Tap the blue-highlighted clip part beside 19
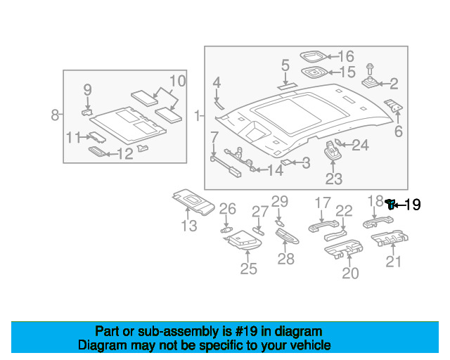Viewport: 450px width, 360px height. [x=390, y=205]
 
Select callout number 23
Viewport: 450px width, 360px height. [x=333, y=179]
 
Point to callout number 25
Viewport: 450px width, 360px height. [x=249, y=269]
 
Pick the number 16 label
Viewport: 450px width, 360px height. [x=346, y=56]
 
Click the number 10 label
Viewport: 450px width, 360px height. [x=177, y=81]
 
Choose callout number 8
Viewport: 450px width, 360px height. [x=55, y=115]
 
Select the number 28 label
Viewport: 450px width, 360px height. [x=285, y=259]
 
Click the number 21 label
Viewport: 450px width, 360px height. [x=394, y=262]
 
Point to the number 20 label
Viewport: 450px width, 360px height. [x=349, y=273]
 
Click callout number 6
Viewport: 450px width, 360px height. [x=398, y=131]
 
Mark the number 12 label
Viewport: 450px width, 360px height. [x=124, y=153]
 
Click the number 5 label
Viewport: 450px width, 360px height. [x=285, y=65]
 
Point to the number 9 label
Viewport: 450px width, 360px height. [x=88, y=89]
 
